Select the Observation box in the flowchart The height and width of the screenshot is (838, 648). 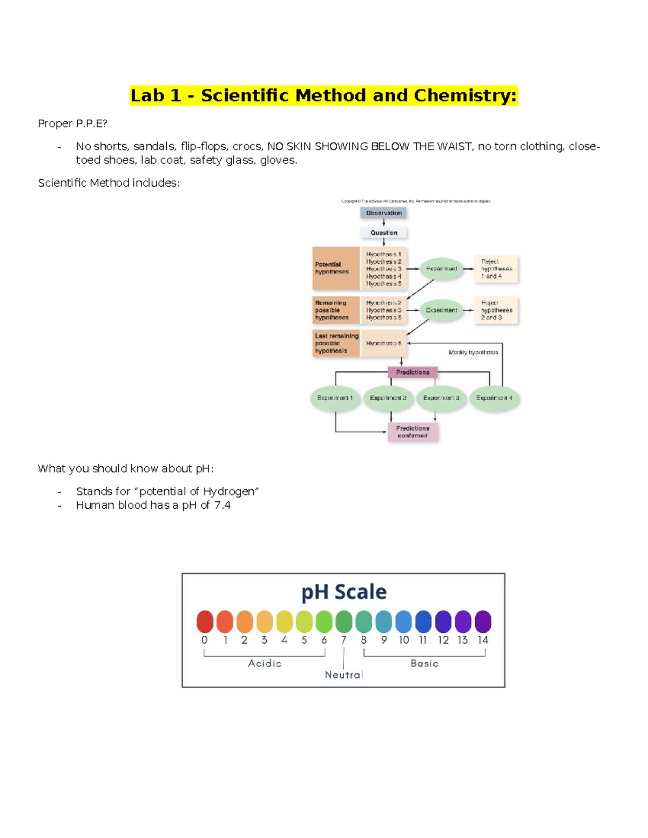click(x=383, y=213)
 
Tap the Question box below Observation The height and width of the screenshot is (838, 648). click(x=383, y=233)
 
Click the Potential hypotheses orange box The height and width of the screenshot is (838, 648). click(x=335, y=268)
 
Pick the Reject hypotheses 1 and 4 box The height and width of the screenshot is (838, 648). click(x=496, y=269)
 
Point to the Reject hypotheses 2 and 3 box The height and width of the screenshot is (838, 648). click(x=496, y=310)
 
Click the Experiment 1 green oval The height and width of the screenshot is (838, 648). click(x=335, y=398)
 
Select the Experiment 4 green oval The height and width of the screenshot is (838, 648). click(x=494, y=398)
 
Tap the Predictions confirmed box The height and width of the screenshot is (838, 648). click(x=413, y=432)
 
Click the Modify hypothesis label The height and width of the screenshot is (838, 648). click(x=473, y=352)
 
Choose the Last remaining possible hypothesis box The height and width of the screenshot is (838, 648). click(x=336, y=343)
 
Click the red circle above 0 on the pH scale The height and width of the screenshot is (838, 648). click(x=205, y=622)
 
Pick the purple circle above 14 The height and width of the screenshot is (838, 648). click(x=483, y=622)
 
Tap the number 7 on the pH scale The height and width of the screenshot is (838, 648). click(x=343, y=640)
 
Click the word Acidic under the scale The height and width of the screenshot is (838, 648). click(x=265, y=663)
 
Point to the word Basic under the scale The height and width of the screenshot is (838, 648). click(x=424, y=663)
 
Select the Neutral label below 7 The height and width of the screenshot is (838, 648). click(x=343, y=675)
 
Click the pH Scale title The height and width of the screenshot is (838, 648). click(x=344, y=592)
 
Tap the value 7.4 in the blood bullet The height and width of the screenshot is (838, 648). click(x=222, y=505)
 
